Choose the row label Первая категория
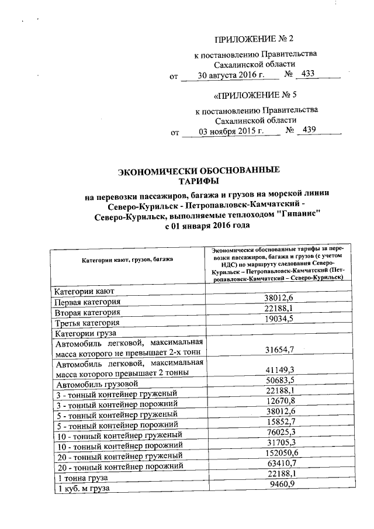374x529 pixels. pyautogui.click(x=88, y=302)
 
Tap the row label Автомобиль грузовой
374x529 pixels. pyautogui.click(x=96, y=384)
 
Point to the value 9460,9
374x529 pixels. pyautogui.click(x=283, y=484)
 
